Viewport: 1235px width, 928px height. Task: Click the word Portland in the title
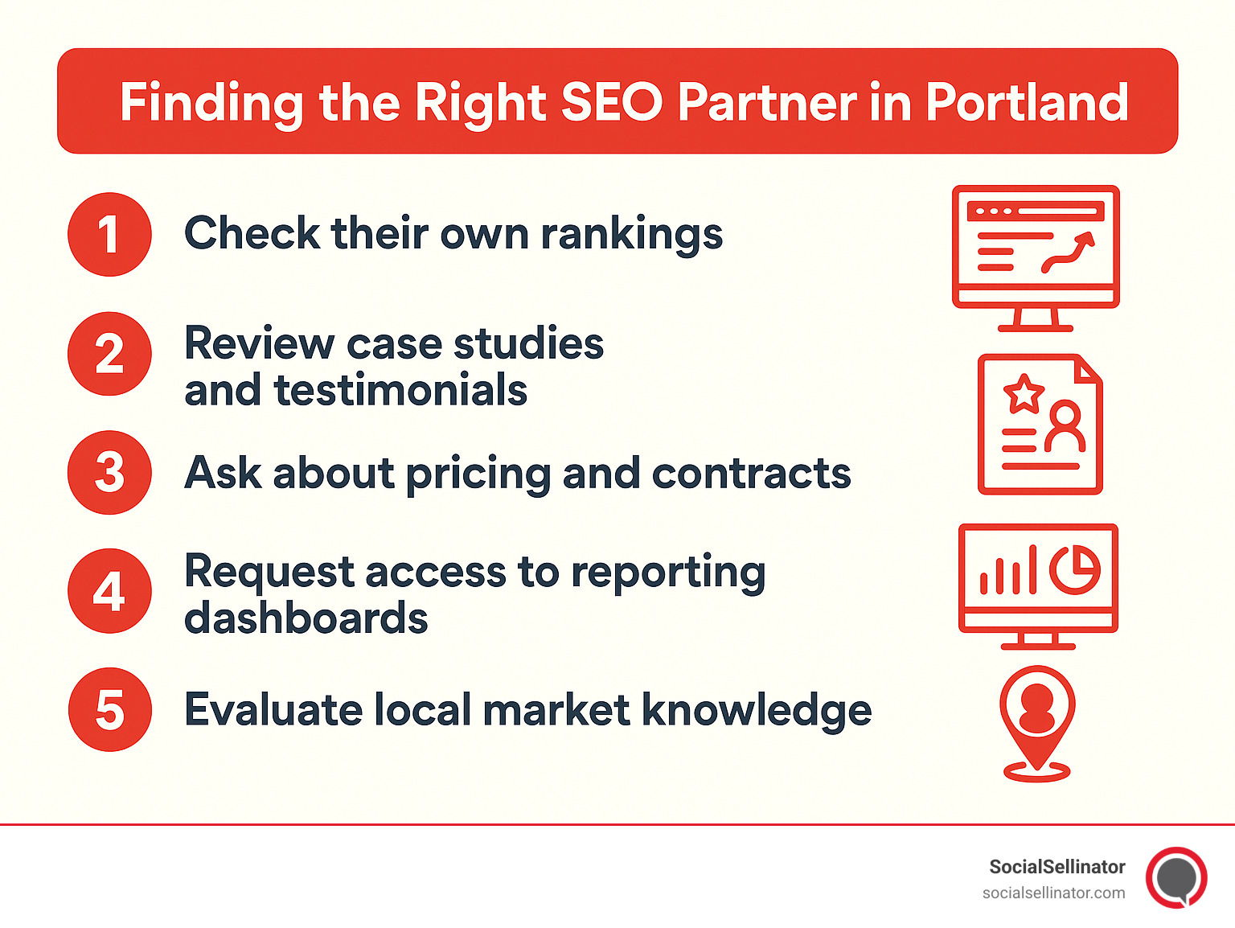coord(1027,102)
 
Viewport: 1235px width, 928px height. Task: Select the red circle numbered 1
coord(109,234)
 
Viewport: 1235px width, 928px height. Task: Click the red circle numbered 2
coord(109,354)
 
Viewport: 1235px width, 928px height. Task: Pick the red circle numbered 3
coord(109,472)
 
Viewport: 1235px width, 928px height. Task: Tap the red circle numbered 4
coord(109,591)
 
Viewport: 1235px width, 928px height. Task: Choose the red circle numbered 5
coord(109,710)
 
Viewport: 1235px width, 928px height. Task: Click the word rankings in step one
coord(631,234)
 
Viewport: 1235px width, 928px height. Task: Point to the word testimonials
coord(400,390)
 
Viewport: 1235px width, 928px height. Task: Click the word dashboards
coord(306,618)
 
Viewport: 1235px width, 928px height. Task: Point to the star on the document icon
coord(1024,394)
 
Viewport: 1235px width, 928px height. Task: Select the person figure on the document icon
coord(1065,429)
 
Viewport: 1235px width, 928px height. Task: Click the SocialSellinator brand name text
coord(1057,867)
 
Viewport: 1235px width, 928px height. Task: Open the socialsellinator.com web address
coord(1053,893)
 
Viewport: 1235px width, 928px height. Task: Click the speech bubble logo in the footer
coord(1176,877)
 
